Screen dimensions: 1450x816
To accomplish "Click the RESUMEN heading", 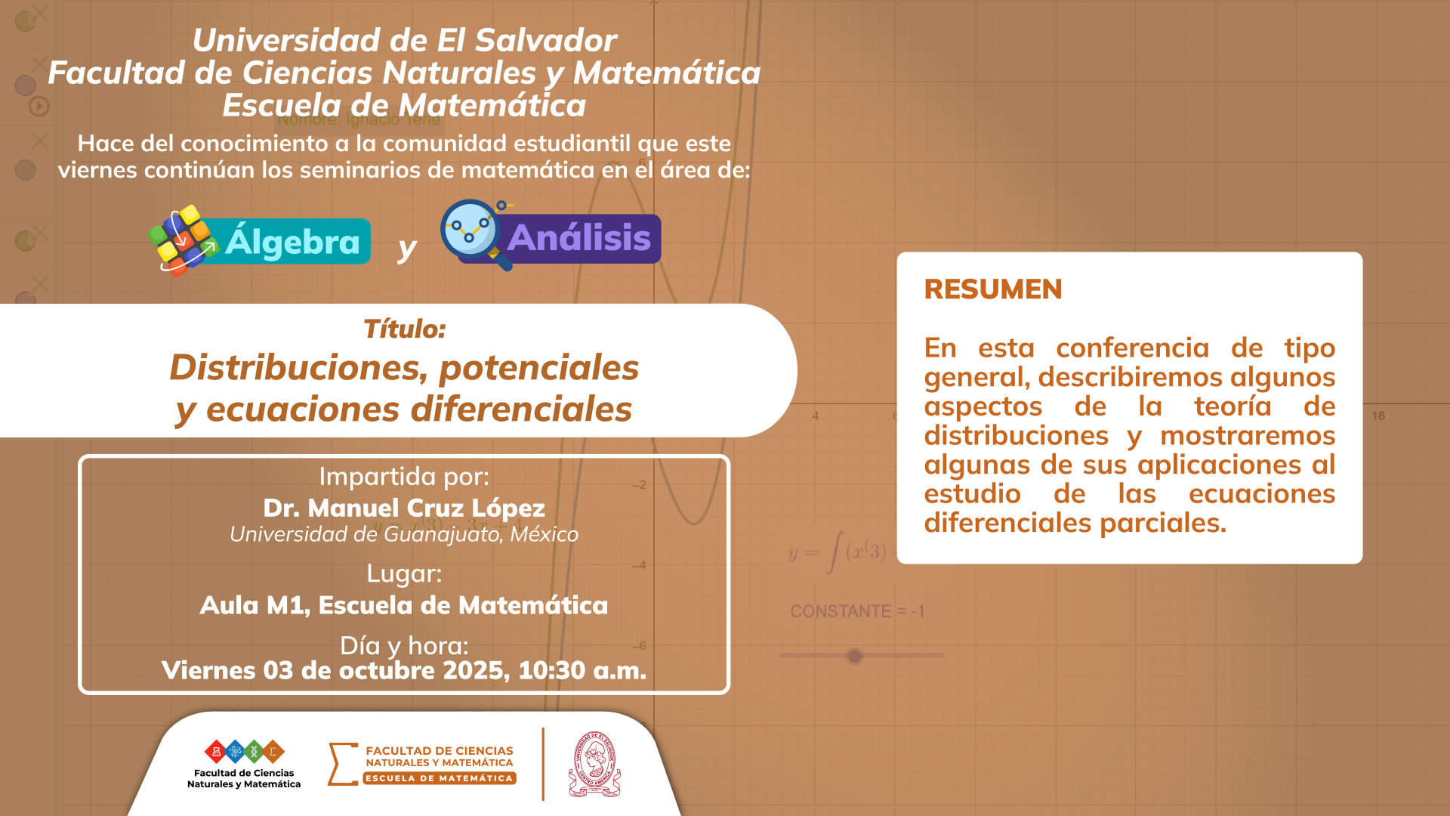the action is [x=992, y=289].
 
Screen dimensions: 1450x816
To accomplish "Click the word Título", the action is [x=404, y=329].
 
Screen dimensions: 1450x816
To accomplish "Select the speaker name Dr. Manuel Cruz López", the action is [x=404, y=508].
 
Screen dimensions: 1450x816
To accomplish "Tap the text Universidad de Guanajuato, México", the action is [x=404, y=534].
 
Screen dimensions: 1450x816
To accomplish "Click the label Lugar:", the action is [x=404, y=573].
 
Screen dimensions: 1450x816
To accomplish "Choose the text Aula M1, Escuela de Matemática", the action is [x=404, y=605].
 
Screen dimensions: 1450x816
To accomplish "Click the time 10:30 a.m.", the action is [x=582, y=670].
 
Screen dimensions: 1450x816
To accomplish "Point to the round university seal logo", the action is [x=594, y=764].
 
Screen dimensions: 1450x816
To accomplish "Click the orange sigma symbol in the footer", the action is [x=342, y=764].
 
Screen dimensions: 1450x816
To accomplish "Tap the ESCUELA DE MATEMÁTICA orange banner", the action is [x=440, y=778].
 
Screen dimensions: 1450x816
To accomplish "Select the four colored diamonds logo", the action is [x=245, y=752].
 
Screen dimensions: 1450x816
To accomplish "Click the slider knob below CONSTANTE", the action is [x=854, y=656].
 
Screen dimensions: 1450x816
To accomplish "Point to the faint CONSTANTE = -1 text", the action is [x=857, y=611].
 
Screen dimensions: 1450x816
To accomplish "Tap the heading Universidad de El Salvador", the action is [x=404, y=40].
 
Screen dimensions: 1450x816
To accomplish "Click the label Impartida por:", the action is [x=404, y=477].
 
